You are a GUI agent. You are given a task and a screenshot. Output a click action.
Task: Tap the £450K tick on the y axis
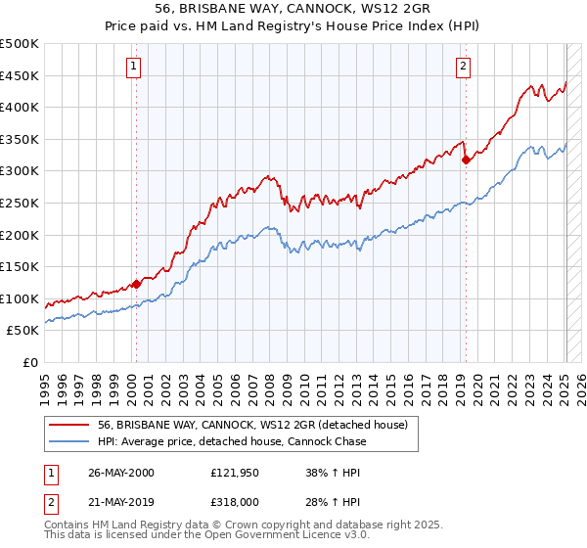[20, 76]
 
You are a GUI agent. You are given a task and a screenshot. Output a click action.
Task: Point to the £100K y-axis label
[20, 299]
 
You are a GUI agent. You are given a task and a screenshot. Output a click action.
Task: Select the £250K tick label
[20, 204]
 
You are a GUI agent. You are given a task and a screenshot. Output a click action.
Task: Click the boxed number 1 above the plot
[132, 67]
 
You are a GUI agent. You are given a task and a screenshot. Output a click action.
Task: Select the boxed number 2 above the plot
[462, 67]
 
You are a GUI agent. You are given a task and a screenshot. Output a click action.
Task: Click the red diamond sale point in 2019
[466, 160]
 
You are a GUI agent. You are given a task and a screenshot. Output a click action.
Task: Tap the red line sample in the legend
[69, 424]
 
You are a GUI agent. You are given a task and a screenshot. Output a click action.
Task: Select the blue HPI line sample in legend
[69, 441]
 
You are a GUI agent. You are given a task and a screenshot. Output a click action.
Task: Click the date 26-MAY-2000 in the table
[121, 473]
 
